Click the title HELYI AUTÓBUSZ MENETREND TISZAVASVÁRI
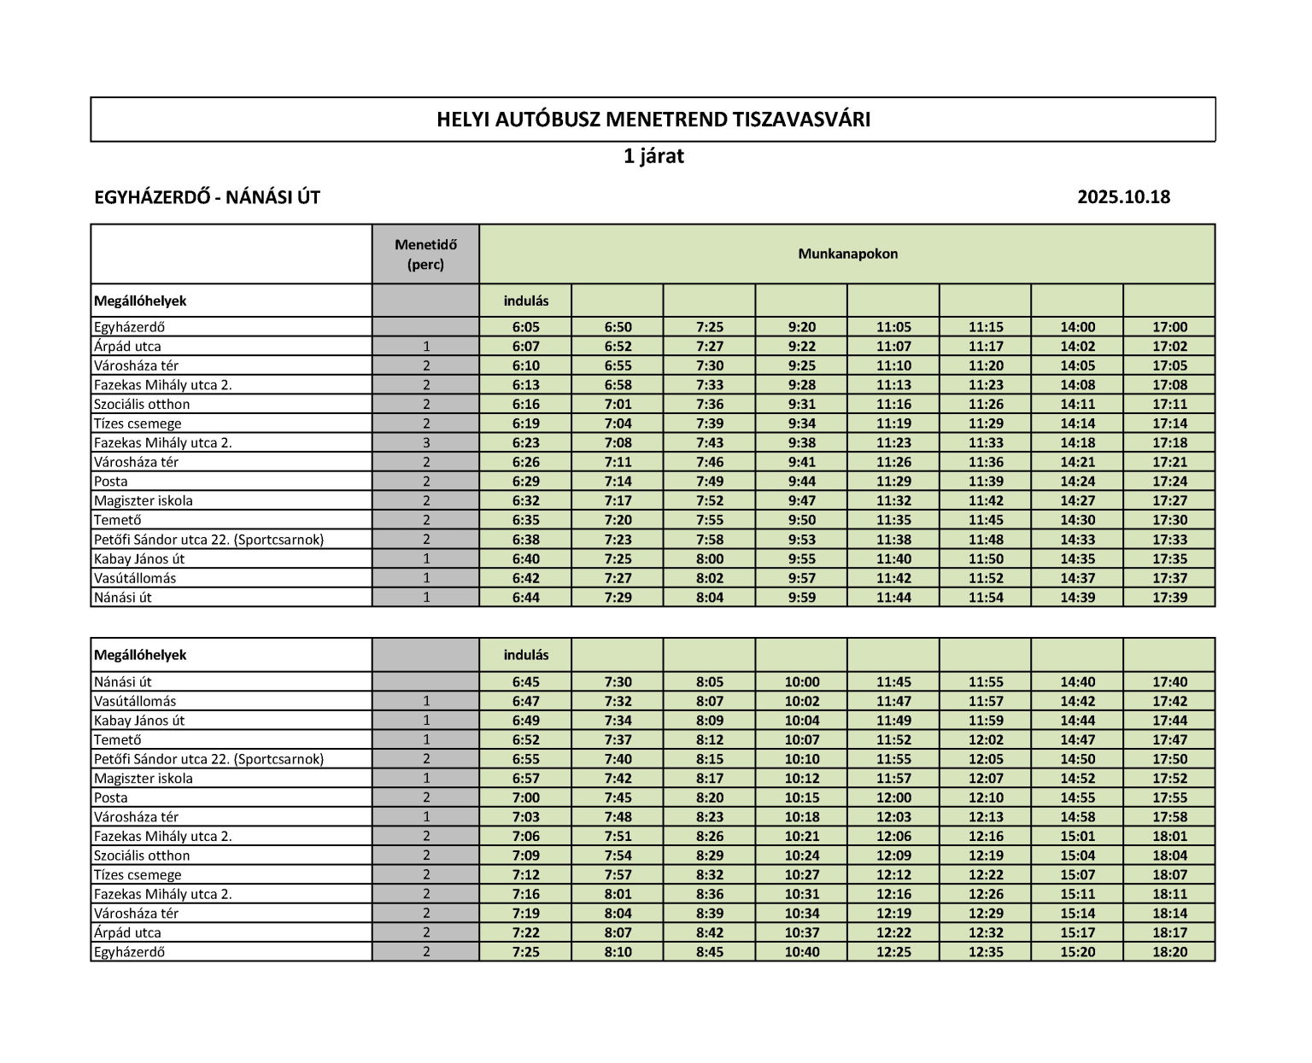(653, 120)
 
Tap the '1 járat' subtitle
(653, 157)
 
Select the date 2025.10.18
(1123, 197)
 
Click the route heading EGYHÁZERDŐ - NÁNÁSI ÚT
(208, 197)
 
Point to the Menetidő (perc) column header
(425, 254)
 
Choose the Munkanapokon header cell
(847, 254)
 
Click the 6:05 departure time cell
(525, 327)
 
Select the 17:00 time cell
(1169, 327)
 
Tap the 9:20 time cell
(801, 327)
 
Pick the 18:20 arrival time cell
(1169, 952)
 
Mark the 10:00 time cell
(801, 682)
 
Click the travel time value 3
(425, 443)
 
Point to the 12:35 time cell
(985, 952)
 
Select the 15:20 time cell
(1077, 952)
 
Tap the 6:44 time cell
(525, 598)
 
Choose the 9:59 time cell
(801, 598)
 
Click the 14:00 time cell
(1077, 327)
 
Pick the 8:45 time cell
(709, 952)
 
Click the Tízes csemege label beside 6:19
(138, 423)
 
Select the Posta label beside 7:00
(111, 797)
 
